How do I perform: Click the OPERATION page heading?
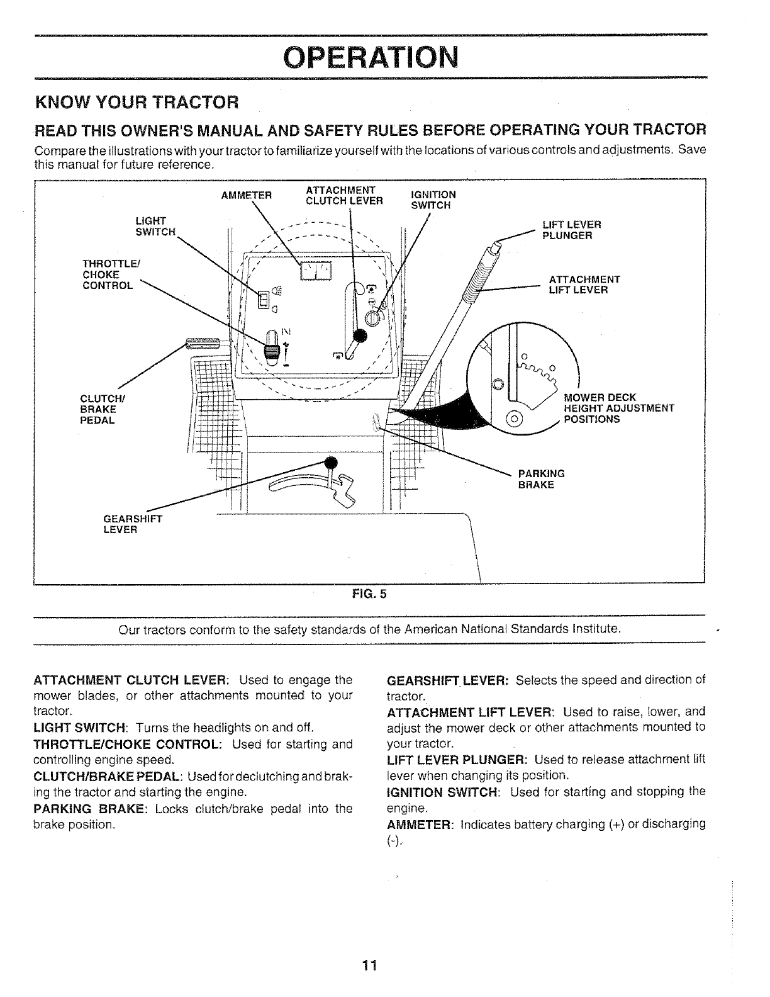[x=371, y=59]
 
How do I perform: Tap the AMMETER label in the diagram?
[x=246, y=194]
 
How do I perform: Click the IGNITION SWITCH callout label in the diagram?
[x=433, y=200]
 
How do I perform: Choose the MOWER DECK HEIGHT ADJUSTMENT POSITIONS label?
[x=618, y=408]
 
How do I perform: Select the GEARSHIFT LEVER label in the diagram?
[x=132, y=524]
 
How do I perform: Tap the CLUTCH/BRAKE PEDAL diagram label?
[x=98, y=408]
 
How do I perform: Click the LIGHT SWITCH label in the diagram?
[x=154, y=226]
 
